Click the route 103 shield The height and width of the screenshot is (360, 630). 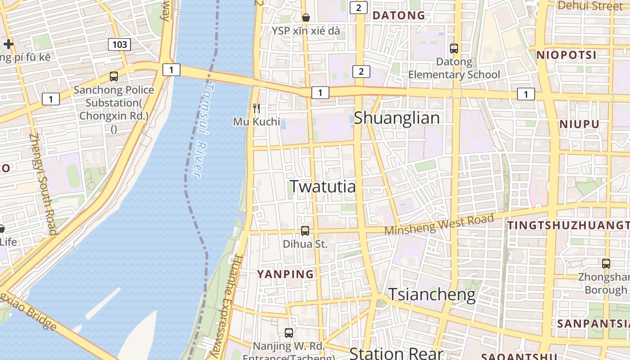pyautogui.click(x=119, y=44)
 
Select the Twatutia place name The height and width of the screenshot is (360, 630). pyautogui.click(x=323, y=186)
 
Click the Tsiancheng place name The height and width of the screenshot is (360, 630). pyautogui.click(x=432, y=294)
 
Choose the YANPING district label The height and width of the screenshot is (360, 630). pyautogui.click(x=285, y=274)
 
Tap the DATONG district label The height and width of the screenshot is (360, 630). pyautogui.click(x=399, y=15)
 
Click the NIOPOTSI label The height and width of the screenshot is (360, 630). pyautogui.click(x=566, y=55)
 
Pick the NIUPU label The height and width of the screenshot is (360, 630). pyautogui.click(x=579, y=124)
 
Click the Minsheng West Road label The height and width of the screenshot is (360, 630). pyautogui.click(x=439, y=224)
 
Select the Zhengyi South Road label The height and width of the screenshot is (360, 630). pyautogui.click(x=43, y=184)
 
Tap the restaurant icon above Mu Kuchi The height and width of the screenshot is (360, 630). pyautogui.click(x=256, y=108)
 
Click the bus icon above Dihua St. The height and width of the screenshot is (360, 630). pyautogui.click(x=305, y=231)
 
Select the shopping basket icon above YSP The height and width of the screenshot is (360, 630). pyautogui.click(x=306, y=18)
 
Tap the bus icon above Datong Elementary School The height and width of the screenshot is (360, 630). pyautogui.click(x=454, y=48)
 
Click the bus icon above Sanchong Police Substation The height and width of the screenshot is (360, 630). pyautogui.click(x=114, y=76)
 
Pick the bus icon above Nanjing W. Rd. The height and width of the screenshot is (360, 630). pyautogui.click(x=289, y=333)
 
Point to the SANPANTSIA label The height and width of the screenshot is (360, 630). pyautogui.click(x=593, y=323)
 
